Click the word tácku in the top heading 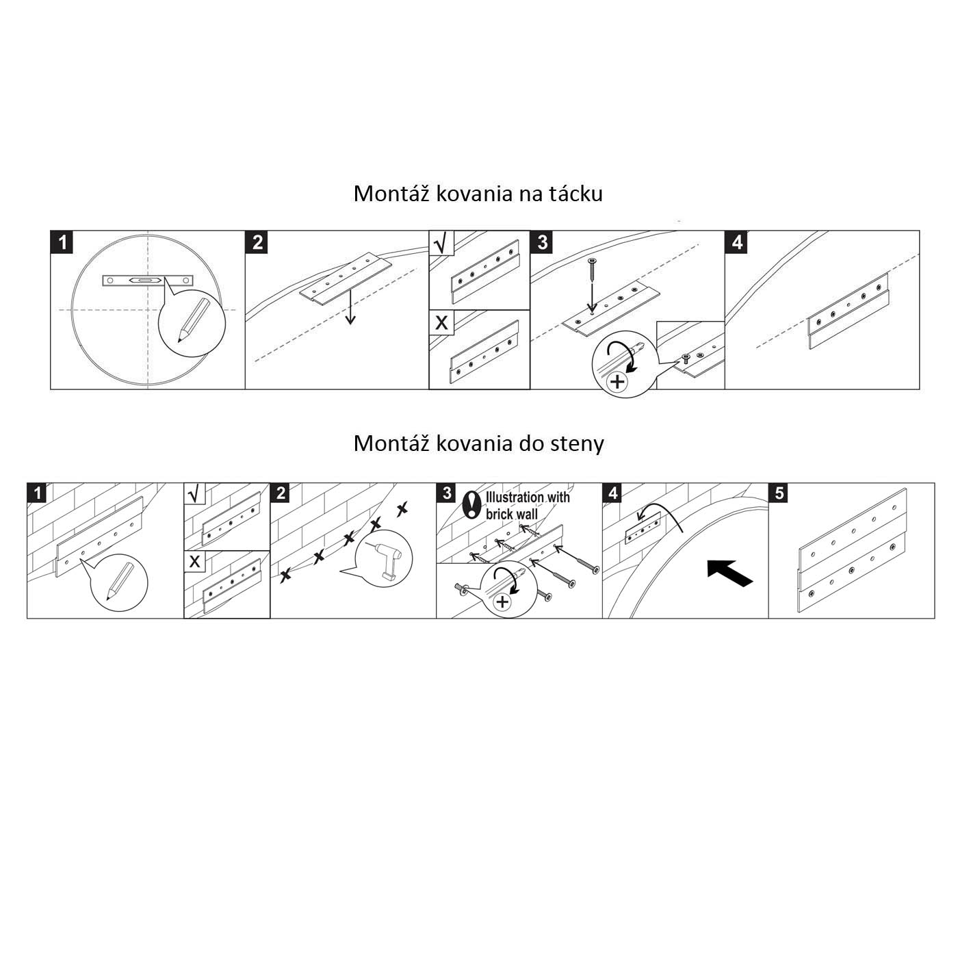tap(575, 194)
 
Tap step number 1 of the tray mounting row tap(62, 242)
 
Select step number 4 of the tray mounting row tap(736, 242)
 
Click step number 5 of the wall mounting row tap(779, 493)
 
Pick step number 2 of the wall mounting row tap(281, 493)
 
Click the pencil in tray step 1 tap(193, 321)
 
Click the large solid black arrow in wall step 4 tap(730, 573)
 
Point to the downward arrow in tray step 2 tap(350, 307)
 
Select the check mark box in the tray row tap(441, 243)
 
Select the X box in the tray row tap(441, 323)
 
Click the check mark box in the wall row tap(194, 493)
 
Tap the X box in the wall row tap(194, 561)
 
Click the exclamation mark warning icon tap(469, 504)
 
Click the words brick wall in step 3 tap(512, 514)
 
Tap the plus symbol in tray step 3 tap(617, 382)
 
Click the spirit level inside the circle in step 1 tap(148, 281)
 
